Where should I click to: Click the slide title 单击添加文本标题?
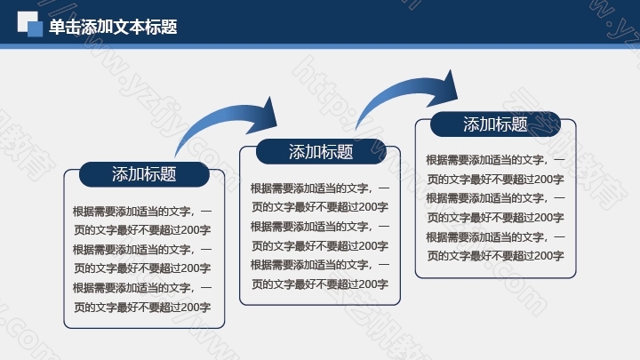click(x=113, y=27)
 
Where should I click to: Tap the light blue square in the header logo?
click(x=35, y=28)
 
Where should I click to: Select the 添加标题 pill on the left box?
click(x=144, y=174)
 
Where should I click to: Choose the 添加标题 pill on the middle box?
click(x=321, y=152)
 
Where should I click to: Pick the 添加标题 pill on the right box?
click(x=495, y=124)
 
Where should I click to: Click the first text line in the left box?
click(x=142, y=211)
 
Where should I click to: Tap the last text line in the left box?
click(x=142, y=307)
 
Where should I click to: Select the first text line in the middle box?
click(x=320, y=188)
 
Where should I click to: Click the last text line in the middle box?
click(x=320, y=284)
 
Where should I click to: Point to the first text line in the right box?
click(x=495, y=160)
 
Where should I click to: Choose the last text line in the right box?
click(x=495, y=255)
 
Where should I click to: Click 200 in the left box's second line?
click(x=190, y=230)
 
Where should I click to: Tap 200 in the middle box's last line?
click(x=368, y=284)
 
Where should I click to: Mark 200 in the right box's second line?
click(x=543, y=180)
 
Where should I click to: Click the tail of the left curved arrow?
click(x=175, y=156)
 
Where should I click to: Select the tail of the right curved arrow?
click(x=356, y=128)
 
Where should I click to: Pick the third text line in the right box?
click(x=495, y=198)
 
